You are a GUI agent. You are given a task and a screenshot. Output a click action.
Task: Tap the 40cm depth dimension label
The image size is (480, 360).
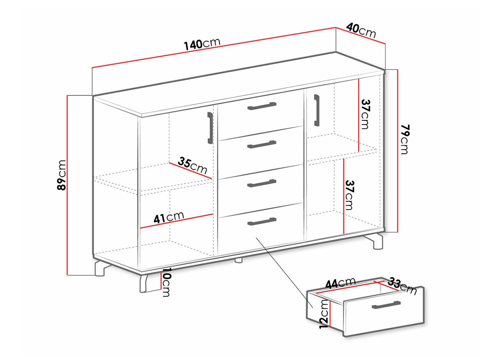coord(361,31)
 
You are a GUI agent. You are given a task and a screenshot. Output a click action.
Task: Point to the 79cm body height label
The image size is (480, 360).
coord(405,139)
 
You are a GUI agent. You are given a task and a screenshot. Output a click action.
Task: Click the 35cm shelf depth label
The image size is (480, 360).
coord(192,166)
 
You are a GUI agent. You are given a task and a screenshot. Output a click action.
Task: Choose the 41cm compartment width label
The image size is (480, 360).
coord(169,217)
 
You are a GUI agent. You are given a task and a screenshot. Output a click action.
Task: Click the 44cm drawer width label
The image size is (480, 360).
coord(341,284)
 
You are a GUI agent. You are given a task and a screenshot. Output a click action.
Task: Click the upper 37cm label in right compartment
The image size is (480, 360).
coord(365,114)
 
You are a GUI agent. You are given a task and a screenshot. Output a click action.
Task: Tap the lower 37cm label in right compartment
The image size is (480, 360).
coord(349,195)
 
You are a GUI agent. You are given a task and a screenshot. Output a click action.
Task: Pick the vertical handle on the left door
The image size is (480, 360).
coord(210,128)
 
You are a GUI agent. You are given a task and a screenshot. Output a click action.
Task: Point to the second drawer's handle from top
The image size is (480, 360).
coord(262,144)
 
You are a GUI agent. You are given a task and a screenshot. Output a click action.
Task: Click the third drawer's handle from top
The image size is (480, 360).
coord(262,183)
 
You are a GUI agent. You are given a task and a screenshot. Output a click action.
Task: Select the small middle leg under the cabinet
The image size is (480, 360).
coord(239,260)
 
